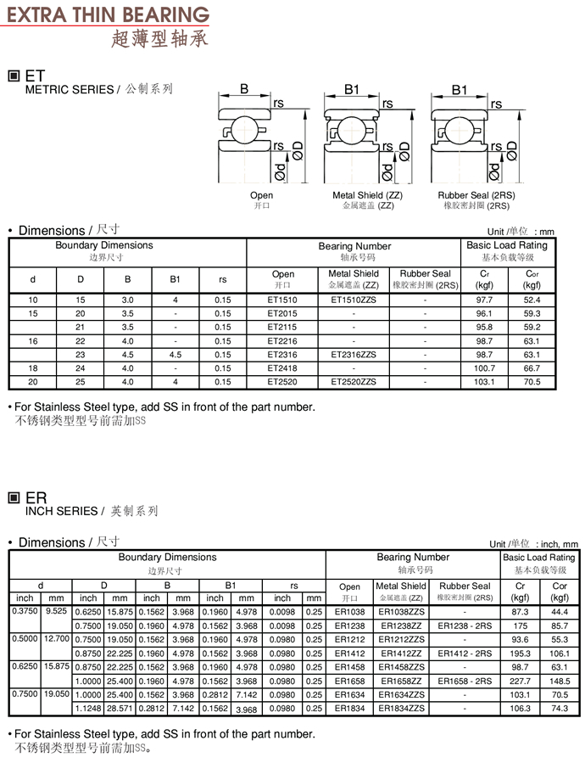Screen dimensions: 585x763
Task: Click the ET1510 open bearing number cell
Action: [x=282, y=300]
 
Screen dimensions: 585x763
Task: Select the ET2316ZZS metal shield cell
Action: [x=354, y=355]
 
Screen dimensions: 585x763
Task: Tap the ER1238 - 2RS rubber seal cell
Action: [x=465, y=626]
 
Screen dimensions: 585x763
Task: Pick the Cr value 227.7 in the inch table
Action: [x=520, y=682]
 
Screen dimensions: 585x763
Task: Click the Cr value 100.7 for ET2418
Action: [x=484, y=368]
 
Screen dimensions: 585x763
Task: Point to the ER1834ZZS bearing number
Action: [x=401, y=709]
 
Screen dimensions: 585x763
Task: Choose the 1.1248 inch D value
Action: [x=88, y=709]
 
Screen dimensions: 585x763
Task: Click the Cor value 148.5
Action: [x=560, y=682]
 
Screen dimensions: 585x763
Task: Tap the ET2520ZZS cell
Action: [x=354, y=382]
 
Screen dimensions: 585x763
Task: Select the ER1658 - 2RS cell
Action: [x=465, y=682]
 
